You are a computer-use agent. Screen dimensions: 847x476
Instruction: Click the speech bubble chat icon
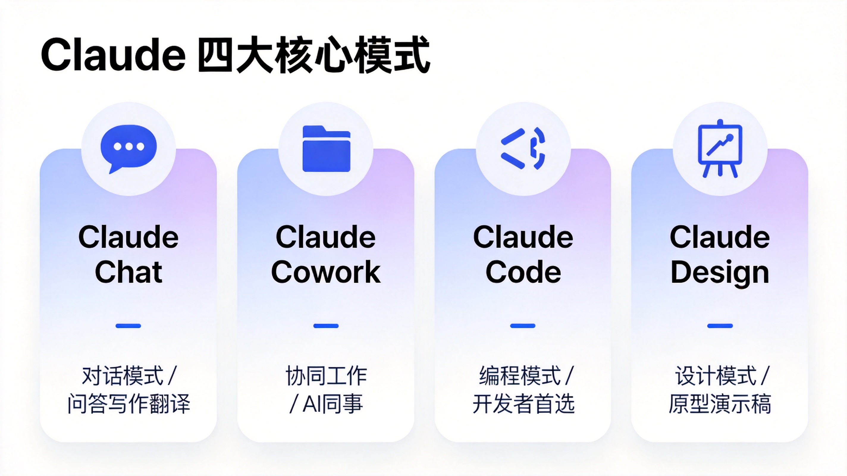pos(128,149)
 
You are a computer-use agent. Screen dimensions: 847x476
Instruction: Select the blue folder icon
pos(326,149)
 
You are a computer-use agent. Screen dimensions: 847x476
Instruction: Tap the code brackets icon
pos(523,148)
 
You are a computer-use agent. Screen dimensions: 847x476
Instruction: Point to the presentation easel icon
pos(720,148)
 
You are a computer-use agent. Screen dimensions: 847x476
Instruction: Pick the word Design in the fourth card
pos(720,274)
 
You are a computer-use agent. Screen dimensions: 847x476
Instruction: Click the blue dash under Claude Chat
pos(128,326)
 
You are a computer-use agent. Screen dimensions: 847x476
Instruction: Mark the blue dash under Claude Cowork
pos(326,326)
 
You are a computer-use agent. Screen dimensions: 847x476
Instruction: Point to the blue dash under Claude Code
pos(523,326)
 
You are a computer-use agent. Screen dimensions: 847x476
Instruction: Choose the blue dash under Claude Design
pos(720,326)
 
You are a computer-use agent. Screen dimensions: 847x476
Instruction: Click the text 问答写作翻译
pos(129,404)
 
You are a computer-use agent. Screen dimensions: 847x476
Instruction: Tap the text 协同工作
pos(326,376)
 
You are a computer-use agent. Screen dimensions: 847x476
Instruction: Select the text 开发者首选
pos(523,404)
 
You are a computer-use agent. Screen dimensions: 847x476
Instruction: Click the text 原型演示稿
pos(720,404)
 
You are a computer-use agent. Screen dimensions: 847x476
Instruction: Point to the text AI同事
pos(332,404)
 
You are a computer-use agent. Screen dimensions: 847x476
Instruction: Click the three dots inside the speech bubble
pos(129,147)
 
